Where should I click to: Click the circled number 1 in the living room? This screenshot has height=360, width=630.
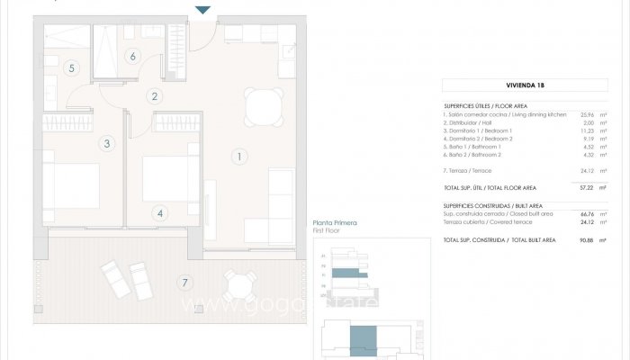tap(239, 157)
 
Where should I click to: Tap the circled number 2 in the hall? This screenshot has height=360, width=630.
tap(155, 96)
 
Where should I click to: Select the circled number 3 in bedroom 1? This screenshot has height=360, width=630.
tap(106, 143)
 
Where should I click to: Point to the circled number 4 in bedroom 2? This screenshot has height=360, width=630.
tap(160, 213)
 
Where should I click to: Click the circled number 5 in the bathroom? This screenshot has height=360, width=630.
tap(71, 67)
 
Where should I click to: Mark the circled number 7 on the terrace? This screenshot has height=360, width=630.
tap(185, 283)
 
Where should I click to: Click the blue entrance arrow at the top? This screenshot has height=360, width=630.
tap(203, 9)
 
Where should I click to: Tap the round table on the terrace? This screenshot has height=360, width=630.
tap(238, 286)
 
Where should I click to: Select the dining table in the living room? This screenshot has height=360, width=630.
tap(263, 107)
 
